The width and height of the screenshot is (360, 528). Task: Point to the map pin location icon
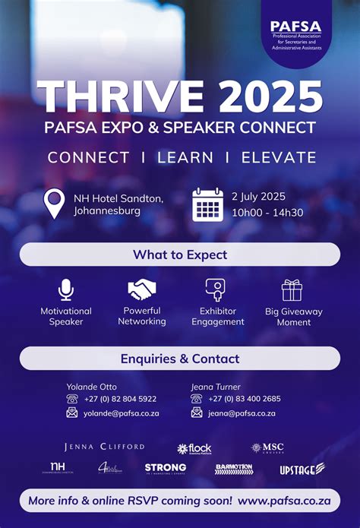coord(55,204)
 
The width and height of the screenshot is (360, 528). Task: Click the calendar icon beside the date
coord(207,204)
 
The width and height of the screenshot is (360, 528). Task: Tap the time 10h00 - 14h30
coord(267,212)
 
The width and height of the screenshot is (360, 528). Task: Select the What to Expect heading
coord(180,255)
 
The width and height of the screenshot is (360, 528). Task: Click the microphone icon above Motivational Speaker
coord(66,289)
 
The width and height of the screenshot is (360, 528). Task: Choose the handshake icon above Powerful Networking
coord(142,289)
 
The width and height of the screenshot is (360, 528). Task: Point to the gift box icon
coord(292,289)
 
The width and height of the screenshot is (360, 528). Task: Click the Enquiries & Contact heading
coord(180,359)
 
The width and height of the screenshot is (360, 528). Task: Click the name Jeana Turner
coord(216,387)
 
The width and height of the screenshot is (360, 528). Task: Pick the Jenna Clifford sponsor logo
coord(104,447)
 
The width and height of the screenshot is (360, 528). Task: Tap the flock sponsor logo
coord(194,448)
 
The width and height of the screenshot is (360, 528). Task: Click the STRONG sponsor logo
coord(166,468)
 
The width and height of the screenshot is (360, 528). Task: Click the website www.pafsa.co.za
coord(283,501)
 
